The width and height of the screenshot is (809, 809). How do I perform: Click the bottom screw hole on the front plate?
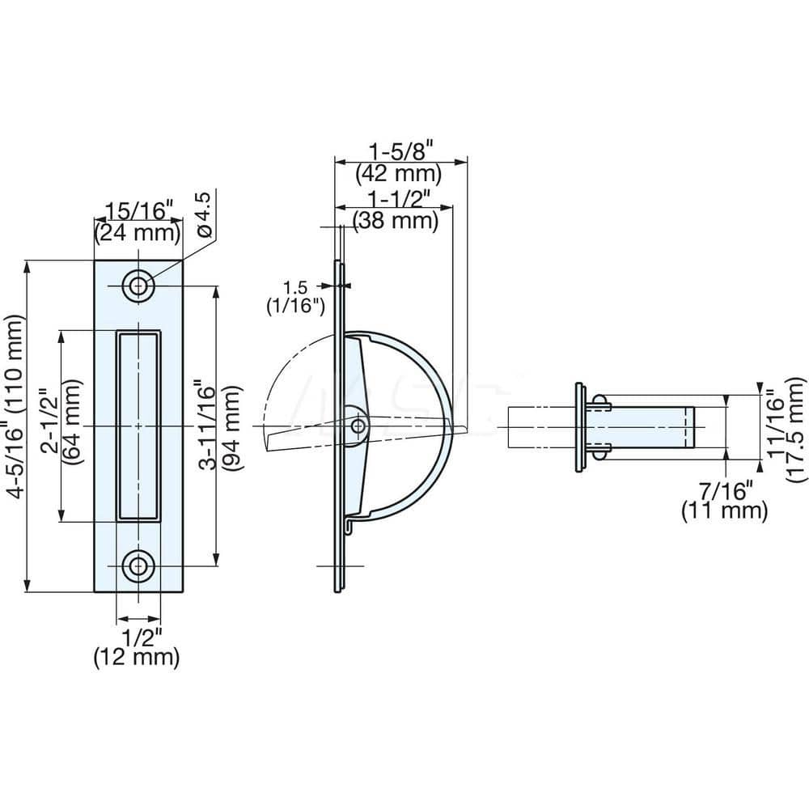click(138, 566)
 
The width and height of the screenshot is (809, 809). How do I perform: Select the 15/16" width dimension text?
click(136, 212)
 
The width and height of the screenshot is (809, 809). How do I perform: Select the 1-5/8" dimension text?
click(402, 151)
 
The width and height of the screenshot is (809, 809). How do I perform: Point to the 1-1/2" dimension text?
click(396, 197)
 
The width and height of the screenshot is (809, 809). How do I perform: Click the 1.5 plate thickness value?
click(295, 286)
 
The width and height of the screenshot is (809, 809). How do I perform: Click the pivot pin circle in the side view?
click(358, 424)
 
